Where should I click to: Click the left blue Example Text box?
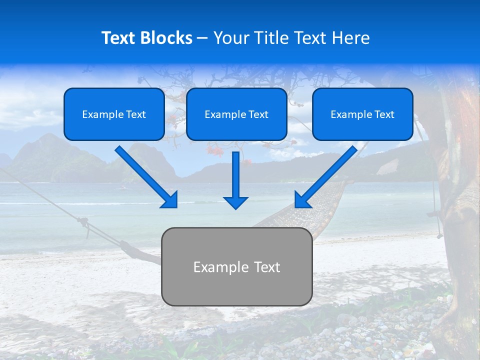pyautogui.click(x=114, y=114)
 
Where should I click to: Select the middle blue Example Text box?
pyautogui.click(x=236, y=114)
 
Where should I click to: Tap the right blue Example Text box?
pyautogui.click(x=362, y=114)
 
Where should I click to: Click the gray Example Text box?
pyautogui.click(x=236, y=266)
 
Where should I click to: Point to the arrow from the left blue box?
pyautogui.click(x=145, y=175)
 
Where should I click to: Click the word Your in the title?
pyautogui.click(x=229, y=38)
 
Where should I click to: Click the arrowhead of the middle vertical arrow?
pyautogui.click(x=235, y=202)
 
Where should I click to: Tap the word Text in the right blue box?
pyautogui.click(x=383, y=114)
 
